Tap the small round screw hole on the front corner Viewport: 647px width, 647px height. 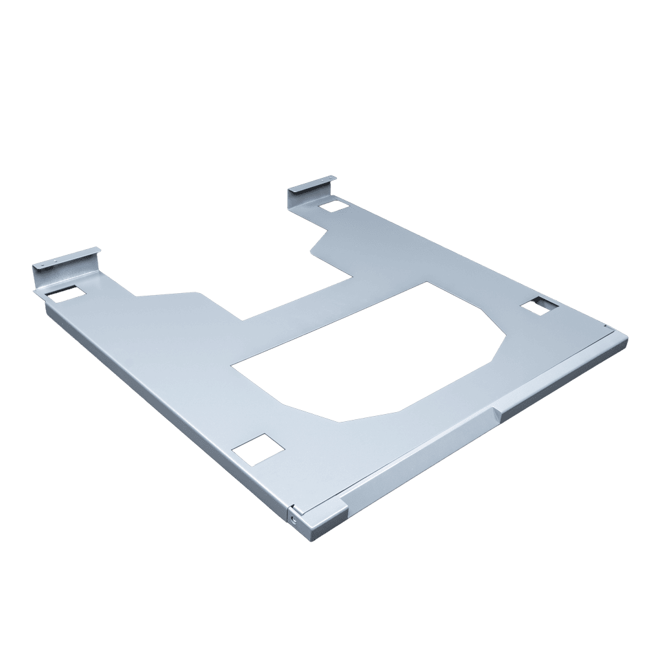tap(296, 518)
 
